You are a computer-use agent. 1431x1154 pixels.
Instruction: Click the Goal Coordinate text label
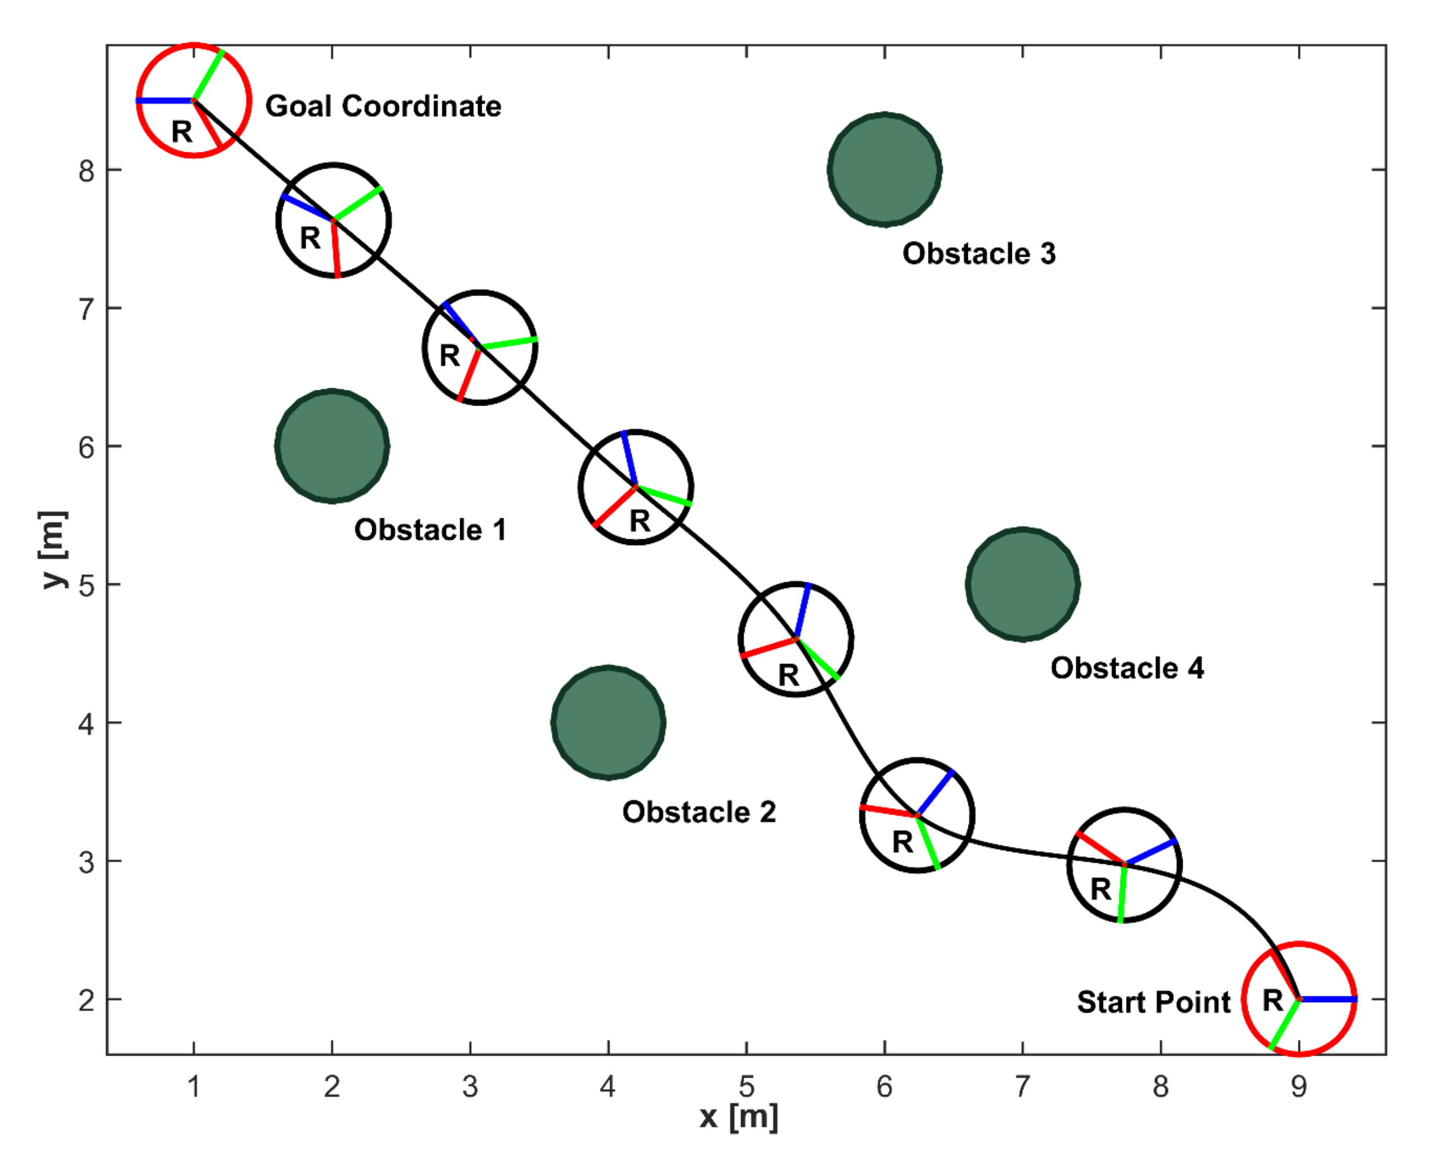(x=383, y=107)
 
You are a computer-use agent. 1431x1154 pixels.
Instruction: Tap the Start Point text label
(x=1153, y=1002)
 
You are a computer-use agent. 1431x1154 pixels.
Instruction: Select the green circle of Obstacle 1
(x=332, y=446)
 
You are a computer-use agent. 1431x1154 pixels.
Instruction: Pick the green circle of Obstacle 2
(x=608, y=722)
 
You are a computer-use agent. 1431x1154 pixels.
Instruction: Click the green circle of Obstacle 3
(x=884, y=170)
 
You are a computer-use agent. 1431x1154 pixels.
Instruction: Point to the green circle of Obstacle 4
(x=1022, y=585)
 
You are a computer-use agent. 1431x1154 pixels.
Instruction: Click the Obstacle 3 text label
(x=978, y=254)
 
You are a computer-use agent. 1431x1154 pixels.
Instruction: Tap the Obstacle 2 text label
(x=699, y=812)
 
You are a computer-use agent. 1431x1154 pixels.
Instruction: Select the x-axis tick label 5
(x=746, y=1087)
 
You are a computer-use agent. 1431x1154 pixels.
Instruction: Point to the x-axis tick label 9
(x=1299, y=1087)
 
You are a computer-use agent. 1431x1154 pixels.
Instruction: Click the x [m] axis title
(x=739, y=1118)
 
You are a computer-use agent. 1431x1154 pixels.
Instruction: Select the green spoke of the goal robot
(x=208, y=75)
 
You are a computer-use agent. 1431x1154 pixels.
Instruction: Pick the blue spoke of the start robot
(x=1328, y=999)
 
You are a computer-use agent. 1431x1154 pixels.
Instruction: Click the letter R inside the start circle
(x=1272, y=1000)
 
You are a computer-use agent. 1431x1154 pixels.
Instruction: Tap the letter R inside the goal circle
(x=181, y=132)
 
